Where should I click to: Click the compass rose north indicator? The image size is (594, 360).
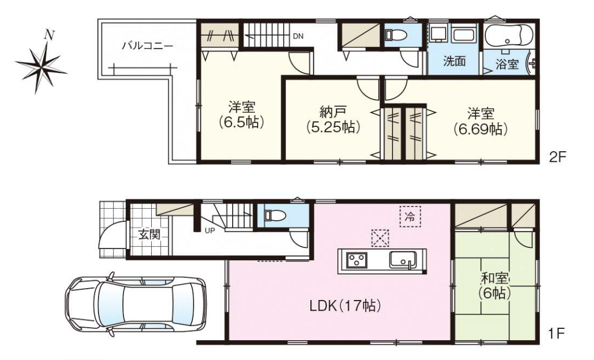point(48,35)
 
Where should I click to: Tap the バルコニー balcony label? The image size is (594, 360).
point(148,46)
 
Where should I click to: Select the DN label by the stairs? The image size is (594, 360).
point(298,36)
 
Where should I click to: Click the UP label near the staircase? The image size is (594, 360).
point(210,230)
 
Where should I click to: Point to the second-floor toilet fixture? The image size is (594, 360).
point(395,35)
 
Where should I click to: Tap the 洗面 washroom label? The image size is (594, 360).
point(454,61)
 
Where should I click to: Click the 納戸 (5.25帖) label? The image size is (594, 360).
point(332,119)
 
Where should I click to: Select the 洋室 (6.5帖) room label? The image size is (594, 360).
point(241,114)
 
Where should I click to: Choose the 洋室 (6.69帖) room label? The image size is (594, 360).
point(480,121)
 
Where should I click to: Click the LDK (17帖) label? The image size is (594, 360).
point(345,306)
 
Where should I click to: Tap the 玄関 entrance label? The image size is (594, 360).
point(149,234)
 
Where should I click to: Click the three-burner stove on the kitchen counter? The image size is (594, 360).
point(357,260)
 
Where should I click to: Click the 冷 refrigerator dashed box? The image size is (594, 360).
point(410,216)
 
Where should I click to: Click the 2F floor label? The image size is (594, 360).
point(557,157)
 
